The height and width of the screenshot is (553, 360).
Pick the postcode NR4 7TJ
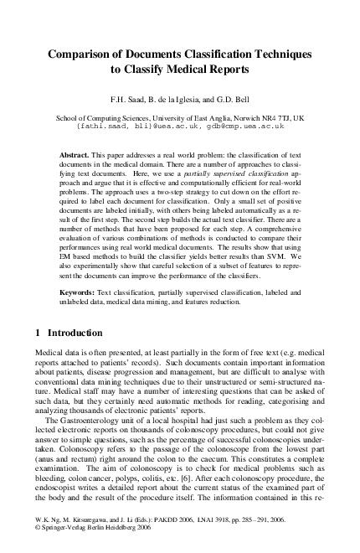click(x=288, y=119)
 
